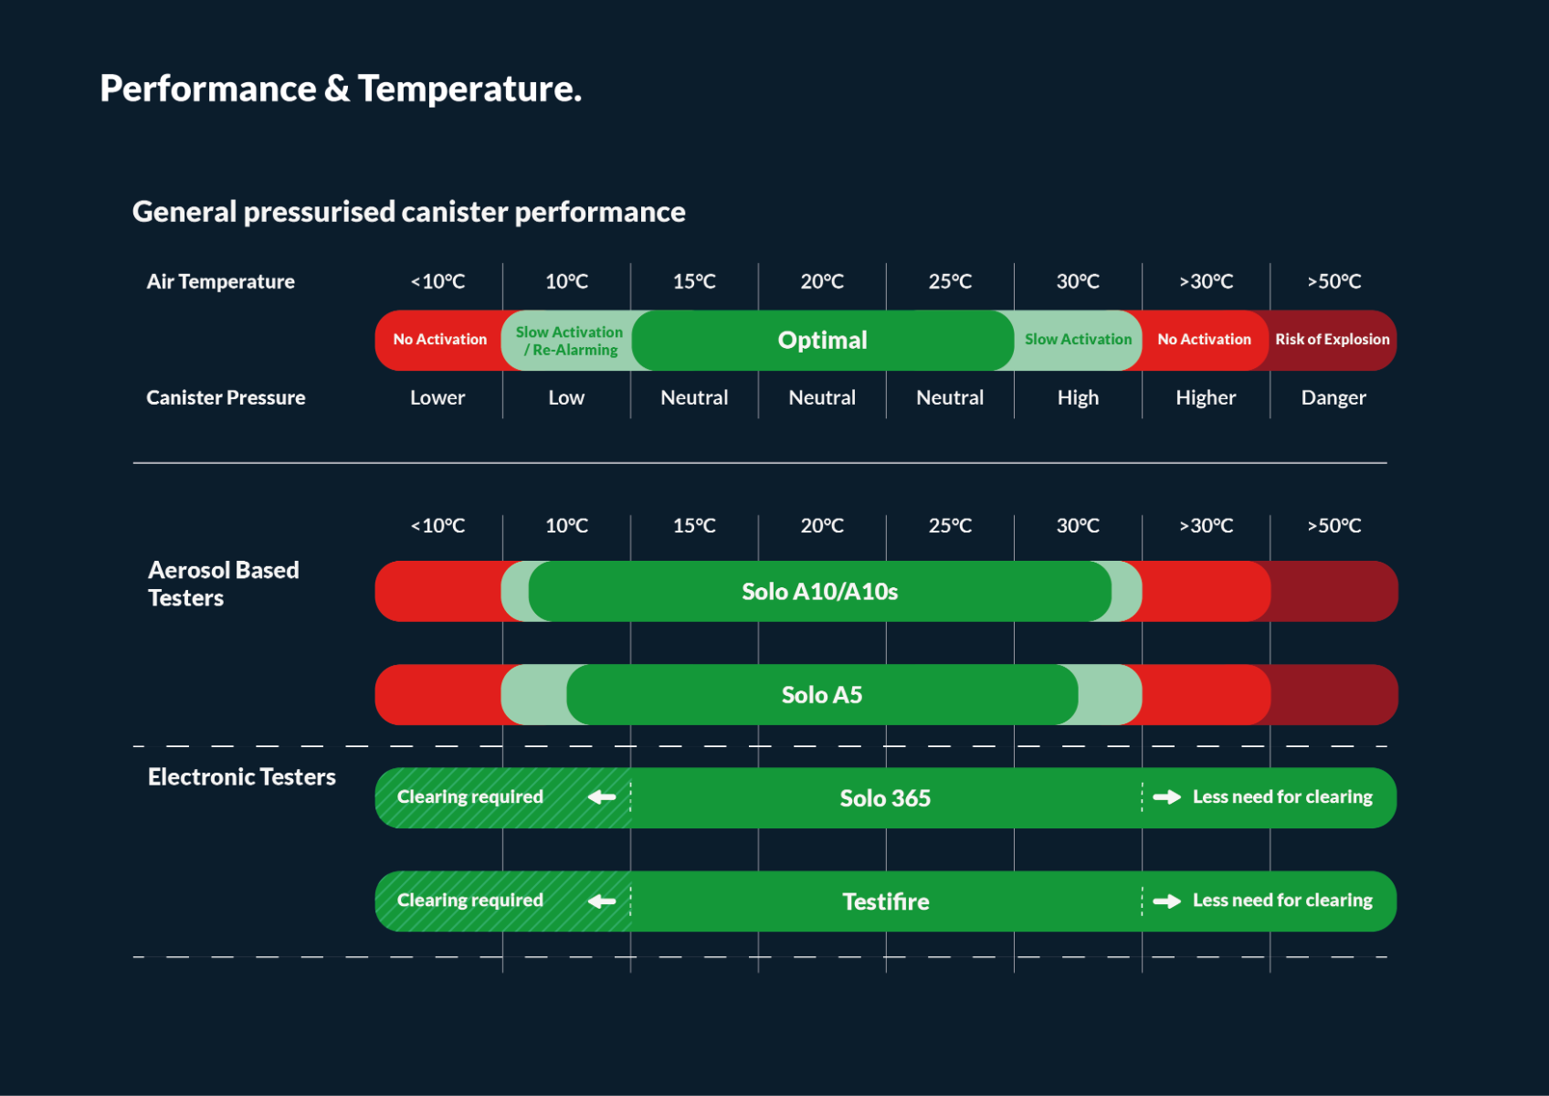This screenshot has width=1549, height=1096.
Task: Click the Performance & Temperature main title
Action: pos(340,89)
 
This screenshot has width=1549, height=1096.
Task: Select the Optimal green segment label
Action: pos(822,340)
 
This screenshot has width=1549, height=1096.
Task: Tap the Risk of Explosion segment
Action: pos(1332,339)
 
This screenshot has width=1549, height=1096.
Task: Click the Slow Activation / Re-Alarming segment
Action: pos(569,341)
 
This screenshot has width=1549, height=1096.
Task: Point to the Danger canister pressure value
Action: pos(1333,397)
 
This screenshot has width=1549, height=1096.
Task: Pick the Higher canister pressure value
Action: pos(1206,397)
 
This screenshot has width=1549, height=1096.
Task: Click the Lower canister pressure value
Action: pos(437,397)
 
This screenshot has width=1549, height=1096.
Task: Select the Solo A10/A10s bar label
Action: pos(819,592)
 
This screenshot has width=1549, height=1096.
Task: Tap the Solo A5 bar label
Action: pos(822,695)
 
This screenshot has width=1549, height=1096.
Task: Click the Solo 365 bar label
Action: pos(885,798)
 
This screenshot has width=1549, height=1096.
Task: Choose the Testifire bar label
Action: pos(885,901)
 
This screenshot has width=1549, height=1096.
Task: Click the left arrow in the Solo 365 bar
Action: pos(602,797)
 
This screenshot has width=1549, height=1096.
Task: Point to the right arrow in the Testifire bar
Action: pos(1166,901)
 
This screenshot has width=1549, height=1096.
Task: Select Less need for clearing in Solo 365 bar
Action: pos(1282,797)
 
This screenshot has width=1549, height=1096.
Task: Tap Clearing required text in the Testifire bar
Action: pos(470,901)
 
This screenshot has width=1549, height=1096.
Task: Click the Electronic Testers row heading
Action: pos(242,777)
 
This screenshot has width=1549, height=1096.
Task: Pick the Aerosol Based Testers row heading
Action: pos(224,584)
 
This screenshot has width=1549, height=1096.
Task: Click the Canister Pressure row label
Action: pos(226,397)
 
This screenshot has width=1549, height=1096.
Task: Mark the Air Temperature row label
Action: pos(220,281)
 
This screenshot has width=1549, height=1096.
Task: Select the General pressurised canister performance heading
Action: pos(408,212)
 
